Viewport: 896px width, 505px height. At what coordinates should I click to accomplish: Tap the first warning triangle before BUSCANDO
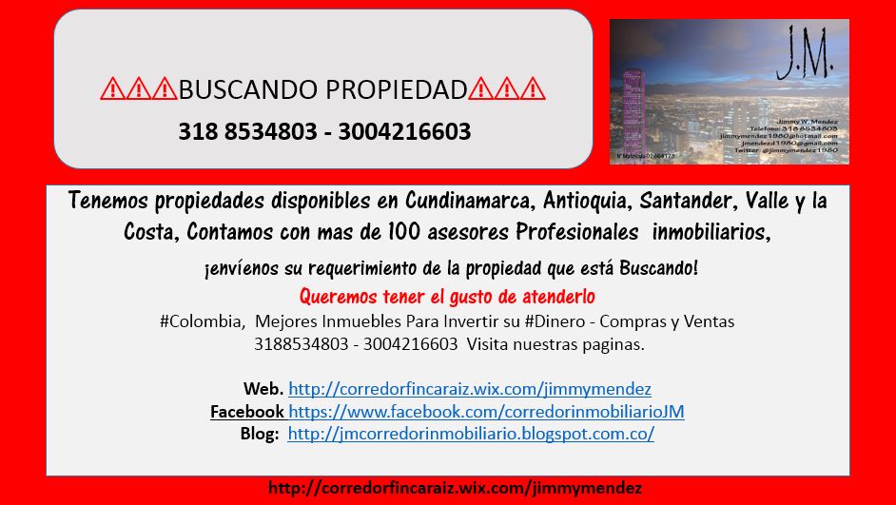[x=112, y=90]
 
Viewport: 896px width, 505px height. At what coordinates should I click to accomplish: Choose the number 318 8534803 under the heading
[x=247, y=131]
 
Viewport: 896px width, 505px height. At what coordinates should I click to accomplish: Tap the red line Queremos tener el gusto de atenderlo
[x=447, y=294]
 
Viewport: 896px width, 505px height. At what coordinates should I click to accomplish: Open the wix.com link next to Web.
[x=469, y=389]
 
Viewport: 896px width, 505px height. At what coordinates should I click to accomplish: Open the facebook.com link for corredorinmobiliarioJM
[x=486, y=412]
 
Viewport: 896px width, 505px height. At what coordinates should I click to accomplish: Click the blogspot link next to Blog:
[x=471, y=434]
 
